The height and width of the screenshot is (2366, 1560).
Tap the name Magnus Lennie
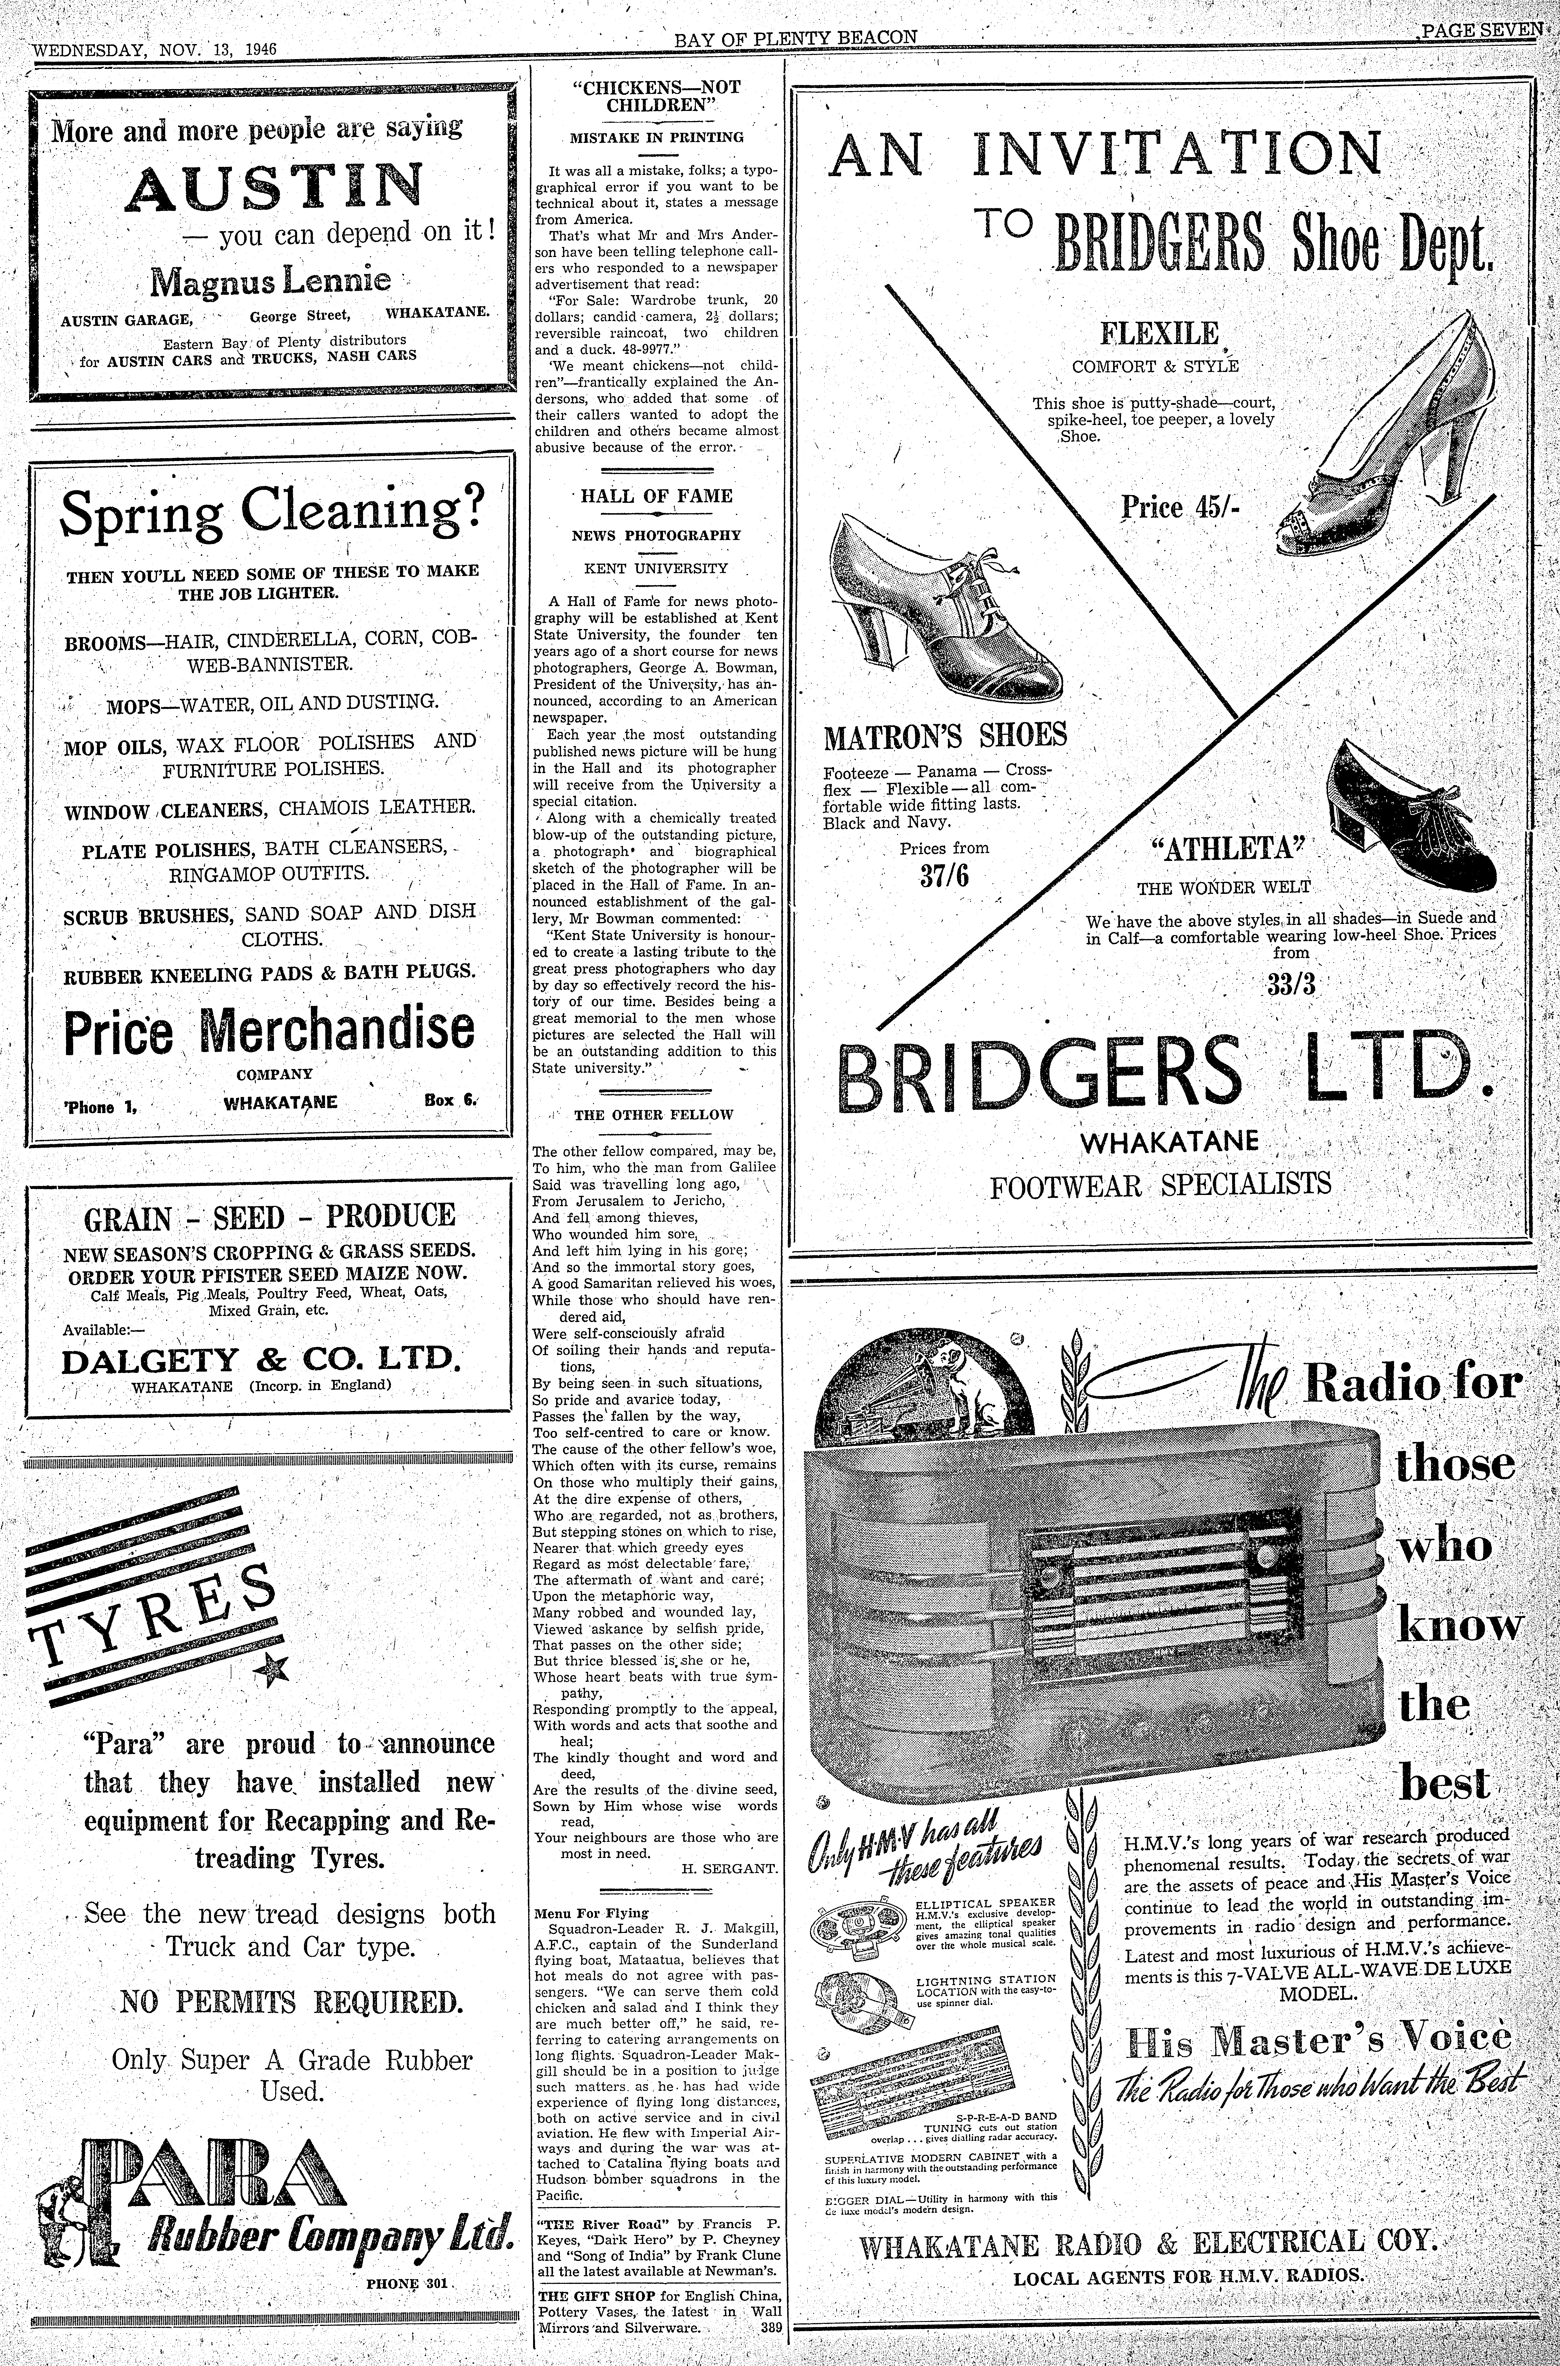tap(270, 282)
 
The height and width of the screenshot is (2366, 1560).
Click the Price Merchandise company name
tap(270, 1031)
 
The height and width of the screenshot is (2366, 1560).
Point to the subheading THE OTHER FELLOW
tap(654, 1114)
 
